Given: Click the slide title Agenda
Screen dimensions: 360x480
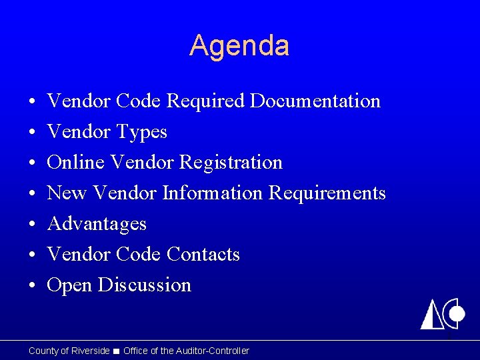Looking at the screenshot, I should [x=239, y=46].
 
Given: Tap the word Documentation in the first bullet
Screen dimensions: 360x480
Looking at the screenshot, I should [x=315, y=101].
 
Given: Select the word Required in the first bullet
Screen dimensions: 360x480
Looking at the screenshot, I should [x=206, y=101].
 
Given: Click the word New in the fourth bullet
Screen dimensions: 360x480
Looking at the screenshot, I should [x=67, y=193].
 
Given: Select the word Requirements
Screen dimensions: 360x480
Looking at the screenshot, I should [x=327, y=193].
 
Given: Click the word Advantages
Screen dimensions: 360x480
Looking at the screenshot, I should [x=97, y=224].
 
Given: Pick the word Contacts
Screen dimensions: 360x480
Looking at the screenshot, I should [x=203, y=255].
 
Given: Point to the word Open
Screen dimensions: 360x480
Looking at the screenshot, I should [x=69, y=285].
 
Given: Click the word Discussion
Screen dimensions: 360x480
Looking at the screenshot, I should [x=145, y=285].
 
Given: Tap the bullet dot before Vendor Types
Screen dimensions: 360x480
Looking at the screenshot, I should [x=32, y=133].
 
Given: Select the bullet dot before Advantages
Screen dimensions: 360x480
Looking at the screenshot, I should [x=32, y=225].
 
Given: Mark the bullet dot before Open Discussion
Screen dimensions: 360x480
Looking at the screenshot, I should [x=32, y=286].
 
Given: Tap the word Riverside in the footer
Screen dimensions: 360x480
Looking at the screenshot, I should [x=90, y=351].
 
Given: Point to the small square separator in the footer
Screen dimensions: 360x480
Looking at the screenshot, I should [x=117, y=351].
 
